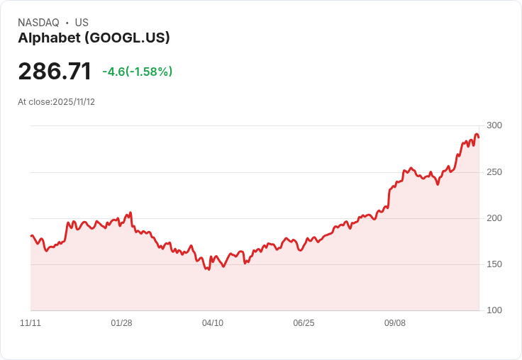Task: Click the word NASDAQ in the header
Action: tap(38, 23)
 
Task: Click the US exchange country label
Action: tap(82, 23)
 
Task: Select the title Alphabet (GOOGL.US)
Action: tap(94, 38)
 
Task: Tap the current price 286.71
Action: tap(55, 72)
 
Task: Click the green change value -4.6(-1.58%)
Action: tap(137, 72)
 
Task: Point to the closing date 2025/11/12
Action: tap(74, 102)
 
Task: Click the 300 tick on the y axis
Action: tap(494, 125)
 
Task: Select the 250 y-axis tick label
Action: tap(494, 172)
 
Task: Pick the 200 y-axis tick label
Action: tap(494, 218)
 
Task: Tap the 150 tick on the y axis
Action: tap(494, 264)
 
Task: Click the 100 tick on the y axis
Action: tap(494, 310)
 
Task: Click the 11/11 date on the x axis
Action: tap(30, 323)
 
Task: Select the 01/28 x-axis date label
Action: tap(121, 323)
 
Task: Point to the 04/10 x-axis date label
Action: tap(213, 323)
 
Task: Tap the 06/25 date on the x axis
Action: tap(304, 323)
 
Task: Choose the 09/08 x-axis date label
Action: tap(395, 323)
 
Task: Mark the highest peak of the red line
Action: tap(477, 135)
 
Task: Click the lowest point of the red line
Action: tap(209, 269)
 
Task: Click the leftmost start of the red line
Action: tap(31, 236)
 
